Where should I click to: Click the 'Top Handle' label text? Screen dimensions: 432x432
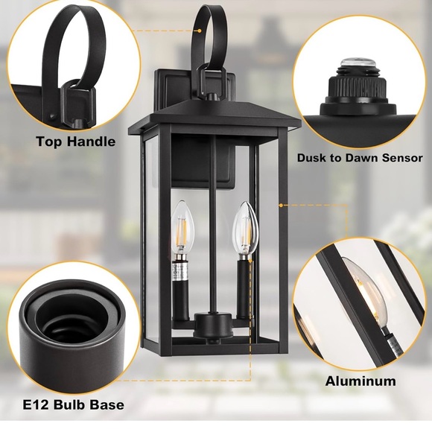point(75,141)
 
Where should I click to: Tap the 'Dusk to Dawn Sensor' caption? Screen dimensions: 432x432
point(360,158)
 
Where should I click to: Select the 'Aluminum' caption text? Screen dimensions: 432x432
point(360,381)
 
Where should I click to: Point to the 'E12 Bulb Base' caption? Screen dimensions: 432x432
point(72,405)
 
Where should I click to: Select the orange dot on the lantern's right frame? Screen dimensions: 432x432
point(280,203)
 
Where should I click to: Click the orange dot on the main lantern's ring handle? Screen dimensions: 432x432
point(200,31)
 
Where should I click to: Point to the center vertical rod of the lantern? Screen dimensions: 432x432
point(215,223)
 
